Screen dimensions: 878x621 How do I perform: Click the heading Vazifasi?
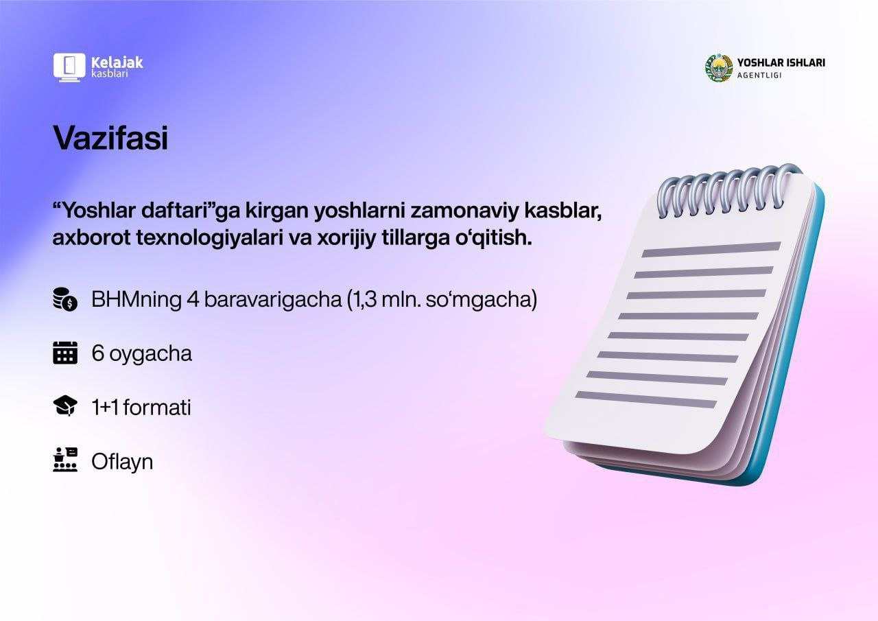[110, 138]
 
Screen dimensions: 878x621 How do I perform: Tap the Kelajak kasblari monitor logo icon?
[69, 67]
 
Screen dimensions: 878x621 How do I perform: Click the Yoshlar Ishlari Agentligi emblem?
[719, 67]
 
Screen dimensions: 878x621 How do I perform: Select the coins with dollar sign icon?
[65, 299]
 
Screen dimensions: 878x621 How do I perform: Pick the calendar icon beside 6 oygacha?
[65, 353]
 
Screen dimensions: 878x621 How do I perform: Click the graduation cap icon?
[65, 406]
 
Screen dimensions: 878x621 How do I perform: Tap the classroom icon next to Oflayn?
[65, 460]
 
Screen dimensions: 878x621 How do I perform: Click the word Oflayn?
[122, 462]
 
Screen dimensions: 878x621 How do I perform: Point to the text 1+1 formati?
[141, 408]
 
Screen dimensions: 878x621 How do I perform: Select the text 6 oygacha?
[142, 354]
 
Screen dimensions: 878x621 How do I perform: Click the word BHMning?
[137, 300]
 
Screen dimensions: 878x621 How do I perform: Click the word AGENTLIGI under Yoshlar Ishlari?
[759, 75]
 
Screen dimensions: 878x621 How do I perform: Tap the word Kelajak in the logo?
[117, 62]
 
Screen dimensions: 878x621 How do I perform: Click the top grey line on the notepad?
[711, 249]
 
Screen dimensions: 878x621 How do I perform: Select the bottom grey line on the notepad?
[646, 399]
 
